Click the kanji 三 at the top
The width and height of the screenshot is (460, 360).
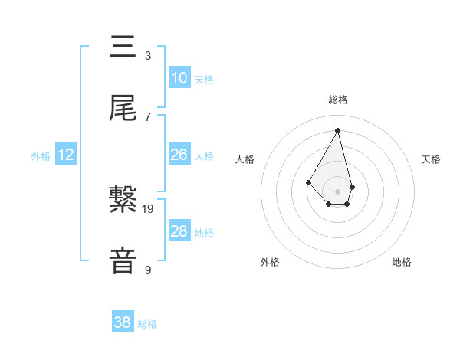[123, 47]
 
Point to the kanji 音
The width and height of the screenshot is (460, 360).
[123, 260]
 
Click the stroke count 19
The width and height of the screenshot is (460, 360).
[148, 208]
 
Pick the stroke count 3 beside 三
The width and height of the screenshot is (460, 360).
[148, 56]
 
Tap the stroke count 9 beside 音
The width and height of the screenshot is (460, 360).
[148, 270]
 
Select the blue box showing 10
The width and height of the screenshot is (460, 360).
[179, 78]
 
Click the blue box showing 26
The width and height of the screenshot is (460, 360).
[179, 155]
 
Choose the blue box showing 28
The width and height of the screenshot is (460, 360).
[179, 231]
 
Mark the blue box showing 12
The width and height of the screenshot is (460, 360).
[65, 155]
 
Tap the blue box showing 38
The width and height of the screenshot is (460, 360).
[122, 323]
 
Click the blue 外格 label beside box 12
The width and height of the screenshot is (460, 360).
[41, 156]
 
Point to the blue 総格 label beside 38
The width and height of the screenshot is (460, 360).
[147, 324]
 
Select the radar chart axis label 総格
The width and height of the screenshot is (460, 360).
[338, 100]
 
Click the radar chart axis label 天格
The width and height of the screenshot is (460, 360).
[431, 159]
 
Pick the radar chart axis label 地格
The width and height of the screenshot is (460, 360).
[402, 262]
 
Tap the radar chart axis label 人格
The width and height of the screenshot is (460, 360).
[245, 159]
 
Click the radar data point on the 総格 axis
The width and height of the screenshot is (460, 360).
[338, 130]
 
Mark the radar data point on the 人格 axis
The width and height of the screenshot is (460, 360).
[308, 182]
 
